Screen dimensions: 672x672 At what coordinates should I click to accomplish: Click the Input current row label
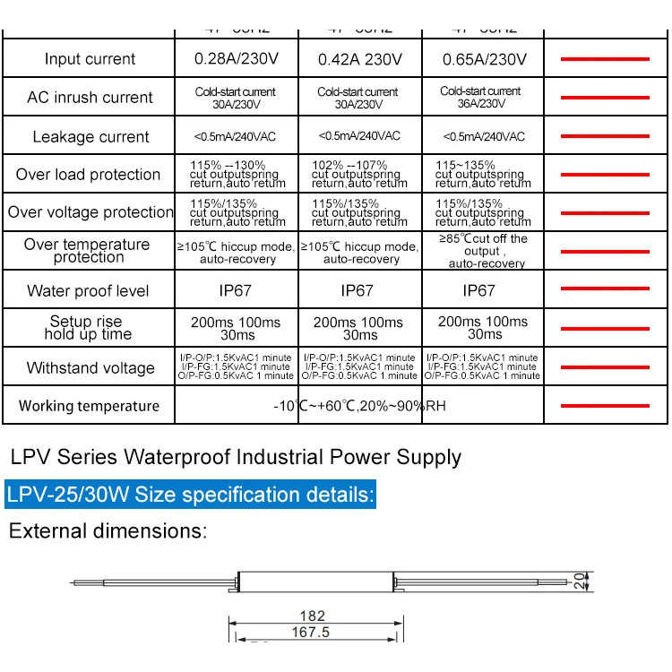click(90, 59)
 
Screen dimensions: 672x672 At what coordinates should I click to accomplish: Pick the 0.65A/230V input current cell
click(484, 60)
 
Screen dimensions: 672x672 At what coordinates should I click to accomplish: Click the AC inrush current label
click(90, 98)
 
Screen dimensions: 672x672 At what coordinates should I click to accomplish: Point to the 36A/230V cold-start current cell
click(482, 98)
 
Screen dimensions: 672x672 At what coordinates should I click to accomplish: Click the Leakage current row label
click(90, 137)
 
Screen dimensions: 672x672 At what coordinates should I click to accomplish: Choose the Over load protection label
click(88, 175)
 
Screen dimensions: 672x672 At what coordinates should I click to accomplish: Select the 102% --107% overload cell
click(358, 175)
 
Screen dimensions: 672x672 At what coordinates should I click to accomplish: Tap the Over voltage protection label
click(90, 212)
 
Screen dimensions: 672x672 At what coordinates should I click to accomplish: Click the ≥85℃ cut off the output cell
click(484, 251)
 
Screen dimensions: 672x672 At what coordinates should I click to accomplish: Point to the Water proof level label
click(88, 290)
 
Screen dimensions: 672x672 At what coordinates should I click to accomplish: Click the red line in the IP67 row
click(604, 289)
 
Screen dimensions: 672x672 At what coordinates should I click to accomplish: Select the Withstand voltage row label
click(90, 367)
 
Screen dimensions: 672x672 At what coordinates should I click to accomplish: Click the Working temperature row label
click(89, 406)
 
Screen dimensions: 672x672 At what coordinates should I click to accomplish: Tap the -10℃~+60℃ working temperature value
click(359, 406)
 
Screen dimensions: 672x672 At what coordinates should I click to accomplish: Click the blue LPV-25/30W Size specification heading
click(190, 495)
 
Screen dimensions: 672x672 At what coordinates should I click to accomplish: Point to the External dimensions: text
click(108, 530)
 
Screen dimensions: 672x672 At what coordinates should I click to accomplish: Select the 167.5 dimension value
click(311, 633)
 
